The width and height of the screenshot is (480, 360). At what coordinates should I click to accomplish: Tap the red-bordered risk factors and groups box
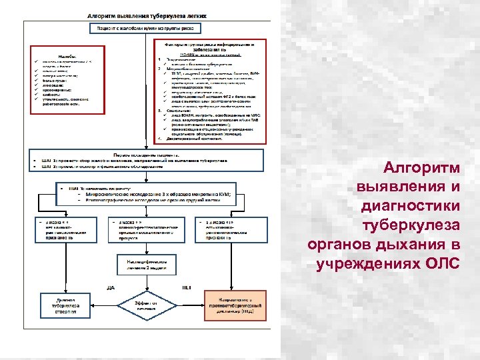click(x=208, y=89)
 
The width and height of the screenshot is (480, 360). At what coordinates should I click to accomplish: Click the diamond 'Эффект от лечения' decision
click(x=146, y=305)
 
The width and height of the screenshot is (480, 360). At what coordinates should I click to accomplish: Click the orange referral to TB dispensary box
click(x=234, y=305)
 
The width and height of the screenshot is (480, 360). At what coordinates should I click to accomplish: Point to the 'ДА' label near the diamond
click(x=112, y=287)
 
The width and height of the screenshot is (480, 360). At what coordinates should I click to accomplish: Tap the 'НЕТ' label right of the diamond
click(x=186, y=287)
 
